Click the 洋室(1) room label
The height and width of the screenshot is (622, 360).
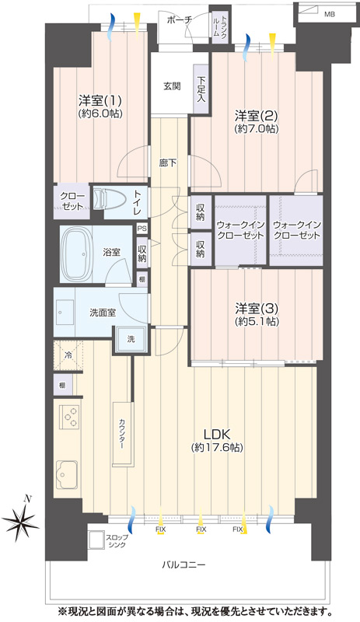(x=100, y=100)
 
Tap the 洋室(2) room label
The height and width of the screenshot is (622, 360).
(x=256, y=116)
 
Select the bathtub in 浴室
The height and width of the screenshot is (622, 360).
(x=76, y=254)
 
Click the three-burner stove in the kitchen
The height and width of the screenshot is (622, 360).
(x=69, y=417)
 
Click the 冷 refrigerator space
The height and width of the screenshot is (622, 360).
(x=68, y=355)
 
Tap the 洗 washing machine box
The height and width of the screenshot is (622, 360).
(x=131, y=339)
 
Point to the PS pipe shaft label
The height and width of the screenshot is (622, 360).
(x=142, y=229)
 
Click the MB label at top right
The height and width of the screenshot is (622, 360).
(x=330, y=14)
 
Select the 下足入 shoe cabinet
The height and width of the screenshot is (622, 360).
(x=201, y=89)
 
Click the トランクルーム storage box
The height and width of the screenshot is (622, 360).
(x=220, y=26)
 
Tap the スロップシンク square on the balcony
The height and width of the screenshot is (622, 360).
(x=96, y=540)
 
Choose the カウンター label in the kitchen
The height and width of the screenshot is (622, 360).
(x=121, y=434)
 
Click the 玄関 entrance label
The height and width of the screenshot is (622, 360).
(x=173, y=86)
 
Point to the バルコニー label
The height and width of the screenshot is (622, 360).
(x=183, y=564)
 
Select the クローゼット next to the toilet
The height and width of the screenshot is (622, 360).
(x=72, y=201)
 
